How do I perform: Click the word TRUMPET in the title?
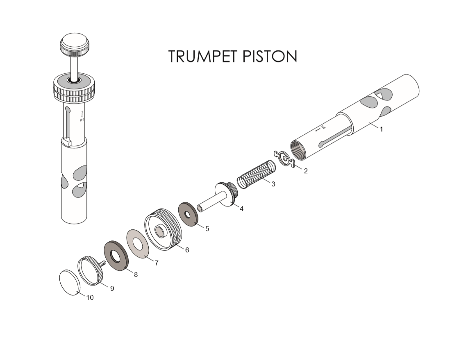204,57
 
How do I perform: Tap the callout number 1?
382,129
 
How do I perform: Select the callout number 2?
306,171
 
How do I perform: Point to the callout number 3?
273,184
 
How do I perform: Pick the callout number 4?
241,208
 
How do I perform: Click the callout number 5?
207,229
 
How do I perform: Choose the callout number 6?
187,250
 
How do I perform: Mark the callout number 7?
156,263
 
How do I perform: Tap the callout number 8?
136,274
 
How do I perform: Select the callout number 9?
112,288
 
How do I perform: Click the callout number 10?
90,298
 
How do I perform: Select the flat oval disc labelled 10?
70,282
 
